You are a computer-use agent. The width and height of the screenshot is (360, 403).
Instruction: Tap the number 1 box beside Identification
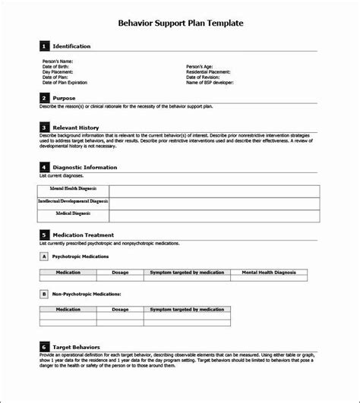[44, 46]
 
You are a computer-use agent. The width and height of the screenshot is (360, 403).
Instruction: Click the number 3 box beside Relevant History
[44, 127]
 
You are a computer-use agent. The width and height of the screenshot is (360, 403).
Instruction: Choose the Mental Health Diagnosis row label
[73, 190]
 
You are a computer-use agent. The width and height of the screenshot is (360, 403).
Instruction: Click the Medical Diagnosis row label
[73, 215]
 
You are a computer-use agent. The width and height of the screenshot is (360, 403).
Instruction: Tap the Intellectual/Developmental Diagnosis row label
[73, 202]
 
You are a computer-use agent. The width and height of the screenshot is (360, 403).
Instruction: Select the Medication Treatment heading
[84, 235]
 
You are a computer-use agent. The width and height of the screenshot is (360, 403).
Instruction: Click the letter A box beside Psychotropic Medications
[44, 257]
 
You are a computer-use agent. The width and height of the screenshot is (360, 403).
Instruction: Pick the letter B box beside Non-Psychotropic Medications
[44, 292]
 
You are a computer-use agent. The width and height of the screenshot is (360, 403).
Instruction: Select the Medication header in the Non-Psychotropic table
[68, 309]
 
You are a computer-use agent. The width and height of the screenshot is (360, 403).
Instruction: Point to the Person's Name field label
[57, 61]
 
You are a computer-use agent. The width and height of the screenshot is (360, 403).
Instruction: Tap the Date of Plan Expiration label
[64, 83]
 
